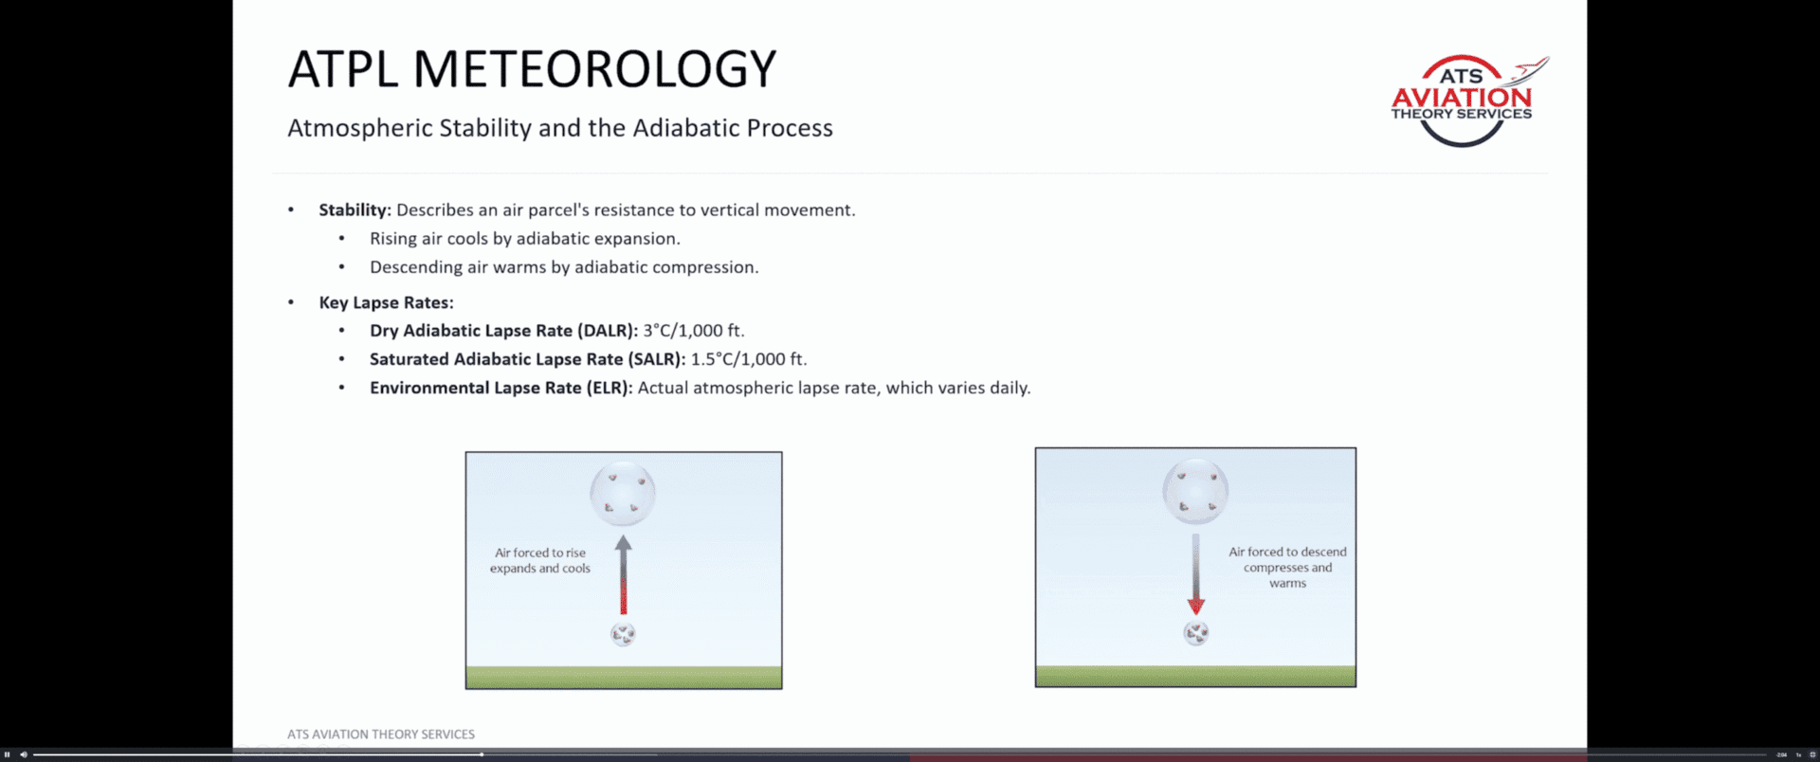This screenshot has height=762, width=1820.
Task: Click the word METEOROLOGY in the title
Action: [594, 69]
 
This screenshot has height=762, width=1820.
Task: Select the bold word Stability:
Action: [355, 210]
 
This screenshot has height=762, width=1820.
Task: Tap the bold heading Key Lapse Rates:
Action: [386, 302]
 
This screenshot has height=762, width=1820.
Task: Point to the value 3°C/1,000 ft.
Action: [694, 331]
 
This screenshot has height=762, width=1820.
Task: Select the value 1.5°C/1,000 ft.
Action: [749, 359]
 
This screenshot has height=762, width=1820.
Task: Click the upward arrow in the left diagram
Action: [623, 575]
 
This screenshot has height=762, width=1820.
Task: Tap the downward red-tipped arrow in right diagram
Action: [1195, 574]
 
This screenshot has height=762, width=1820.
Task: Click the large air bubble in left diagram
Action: [623, 494]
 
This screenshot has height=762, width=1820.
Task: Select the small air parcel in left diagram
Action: [623, 634]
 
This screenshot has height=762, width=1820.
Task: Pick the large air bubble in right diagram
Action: [1195, 491]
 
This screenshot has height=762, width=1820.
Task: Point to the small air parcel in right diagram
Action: [1196, 632]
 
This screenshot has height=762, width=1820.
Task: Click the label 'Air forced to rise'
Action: [540, 553]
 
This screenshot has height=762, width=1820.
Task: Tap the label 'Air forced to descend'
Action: [1287, 552]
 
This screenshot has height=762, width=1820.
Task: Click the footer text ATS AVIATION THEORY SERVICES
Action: [381, 735]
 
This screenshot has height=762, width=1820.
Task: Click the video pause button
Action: [8, 754]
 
